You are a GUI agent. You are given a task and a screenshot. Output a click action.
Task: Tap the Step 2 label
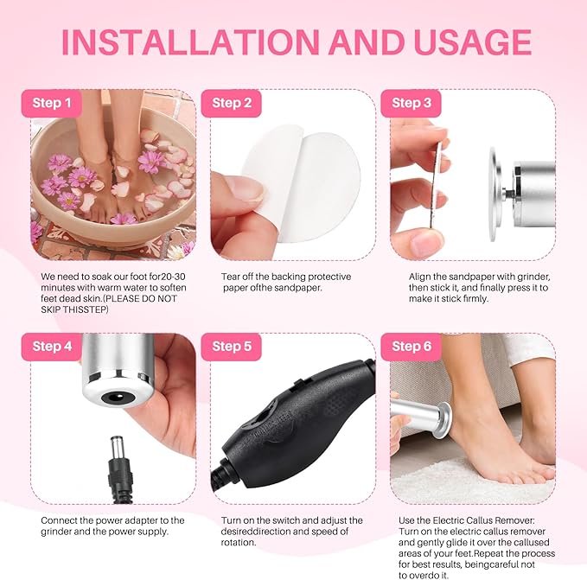coord(227,103)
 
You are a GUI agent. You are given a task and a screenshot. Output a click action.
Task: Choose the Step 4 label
coord(52,347)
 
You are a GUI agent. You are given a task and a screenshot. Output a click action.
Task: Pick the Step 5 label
coord(227,347)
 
